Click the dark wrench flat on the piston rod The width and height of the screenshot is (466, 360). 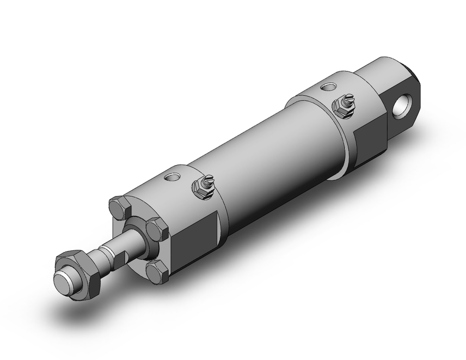click(120, 258)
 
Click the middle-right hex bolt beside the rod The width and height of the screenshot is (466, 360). click(158, 229)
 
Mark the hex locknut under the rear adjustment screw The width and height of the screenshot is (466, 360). click(340, 108)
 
